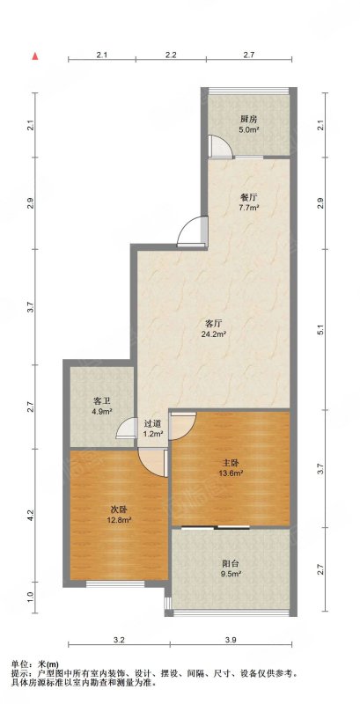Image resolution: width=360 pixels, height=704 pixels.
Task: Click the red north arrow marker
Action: pos(35,56)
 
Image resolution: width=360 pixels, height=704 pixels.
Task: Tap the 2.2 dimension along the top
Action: pos(171,55)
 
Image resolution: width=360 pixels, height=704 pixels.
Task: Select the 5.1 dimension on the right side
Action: pos(320,330)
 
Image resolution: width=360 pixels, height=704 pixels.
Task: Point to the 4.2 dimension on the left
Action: pos(30,515)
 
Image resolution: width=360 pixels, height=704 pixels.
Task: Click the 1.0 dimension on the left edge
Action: pos(30,598)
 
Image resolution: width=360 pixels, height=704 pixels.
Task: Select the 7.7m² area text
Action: pos(249,208)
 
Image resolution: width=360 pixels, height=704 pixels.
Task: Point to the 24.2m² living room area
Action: pos(215,334)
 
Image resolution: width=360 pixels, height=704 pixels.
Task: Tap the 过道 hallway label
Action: pos(152,423)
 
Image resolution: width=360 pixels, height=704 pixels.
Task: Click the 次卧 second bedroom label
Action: pos(120,510)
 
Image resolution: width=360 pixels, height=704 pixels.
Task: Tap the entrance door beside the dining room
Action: pos(192,231)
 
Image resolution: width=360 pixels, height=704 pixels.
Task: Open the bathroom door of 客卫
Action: pos(126,428)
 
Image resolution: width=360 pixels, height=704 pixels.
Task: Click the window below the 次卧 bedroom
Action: pos(115,583)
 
